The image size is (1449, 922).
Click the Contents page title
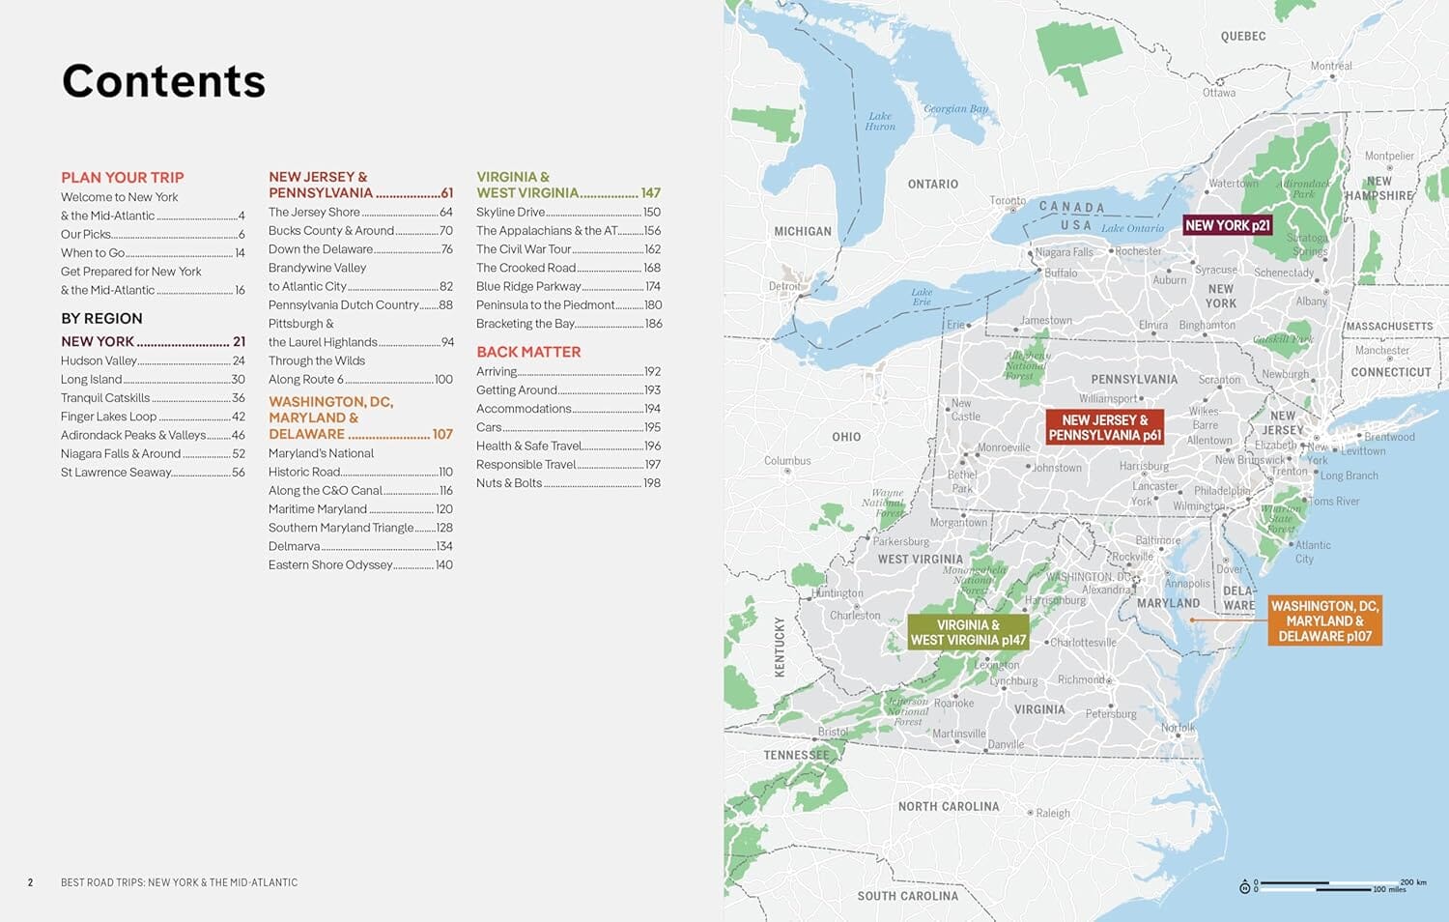click(163, 81)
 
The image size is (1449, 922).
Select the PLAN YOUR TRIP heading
click(122, 178)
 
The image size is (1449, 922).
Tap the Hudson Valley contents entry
click(99, 360)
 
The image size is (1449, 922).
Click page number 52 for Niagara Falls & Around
click(239, 453)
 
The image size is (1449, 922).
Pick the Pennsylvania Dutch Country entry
click(343, 304)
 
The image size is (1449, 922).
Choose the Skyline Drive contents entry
click(510, 212)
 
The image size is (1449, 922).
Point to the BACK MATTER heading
click(528, 352)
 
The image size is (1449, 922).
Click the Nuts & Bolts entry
click(508, 483)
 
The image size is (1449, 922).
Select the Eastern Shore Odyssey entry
click(330, 565)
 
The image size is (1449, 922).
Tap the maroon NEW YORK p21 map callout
click(1227, 225)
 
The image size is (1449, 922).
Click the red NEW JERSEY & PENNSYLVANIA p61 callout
click(1105, 427)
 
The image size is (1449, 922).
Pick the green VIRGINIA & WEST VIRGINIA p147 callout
click(968, 632)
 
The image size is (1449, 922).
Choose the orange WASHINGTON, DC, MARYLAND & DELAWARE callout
click(1324, 620)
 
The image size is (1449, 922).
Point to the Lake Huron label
click(880, 121)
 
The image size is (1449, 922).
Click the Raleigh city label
click(1052, 813)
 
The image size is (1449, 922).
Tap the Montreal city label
click(1331, 66)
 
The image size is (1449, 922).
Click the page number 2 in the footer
click(30, 882)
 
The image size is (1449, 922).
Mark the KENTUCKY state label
click(780, 647)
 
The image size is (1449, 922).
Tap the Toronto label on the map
click(1007, 201)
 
